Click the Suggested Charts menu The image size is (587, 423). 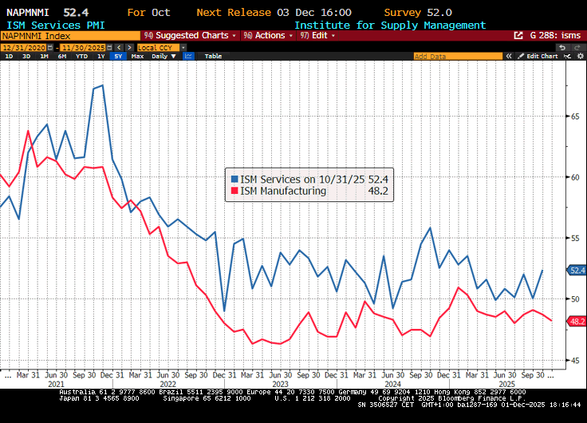pyautogui.click(x=191, y=36)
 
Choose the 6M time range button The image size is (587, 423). pyautogui.click(x=61, y=57)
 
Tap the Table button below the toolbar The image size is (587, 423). pyautogui.click(x=213, y=57)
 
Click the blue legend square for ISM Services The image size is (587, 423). pyautogui.click(x=234, y=180)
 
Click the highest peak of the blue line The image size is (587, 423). pyautogui.click(x=102, y=85)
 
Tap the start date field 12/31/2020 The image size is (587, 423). pyautogui.click(x=19, y=47)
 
